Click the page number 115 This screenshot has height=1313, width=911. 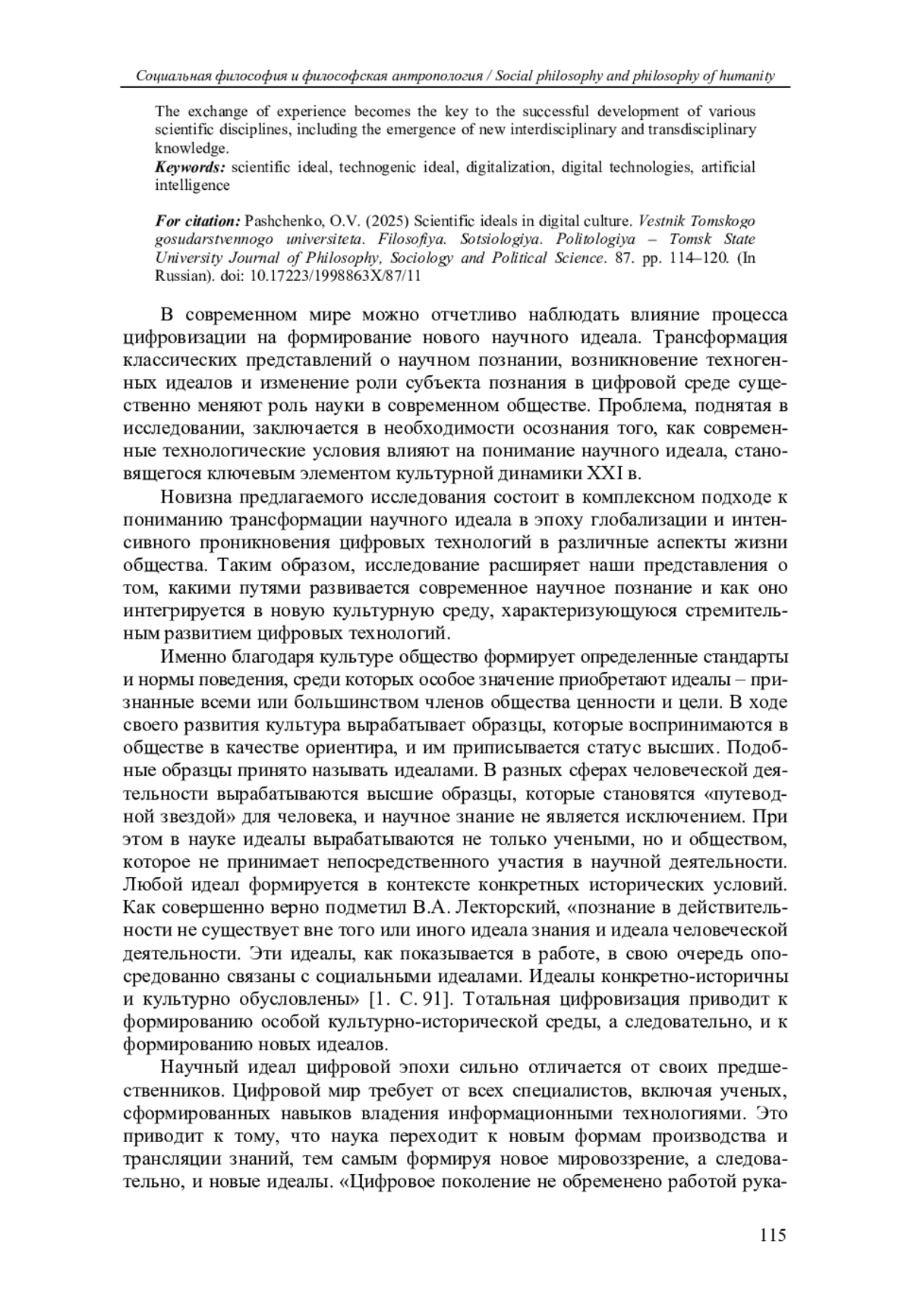click(x=772, y=1236)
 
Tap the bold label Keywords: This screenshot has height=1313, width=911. click(x=191, y=167)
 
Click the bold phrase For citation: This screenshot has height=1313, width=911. click(x=197, y=222)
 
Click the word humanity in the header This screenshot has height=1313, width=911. click(x=748, y=76)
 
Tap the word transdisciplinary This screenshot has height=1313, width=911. click(x=702, y=130)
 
